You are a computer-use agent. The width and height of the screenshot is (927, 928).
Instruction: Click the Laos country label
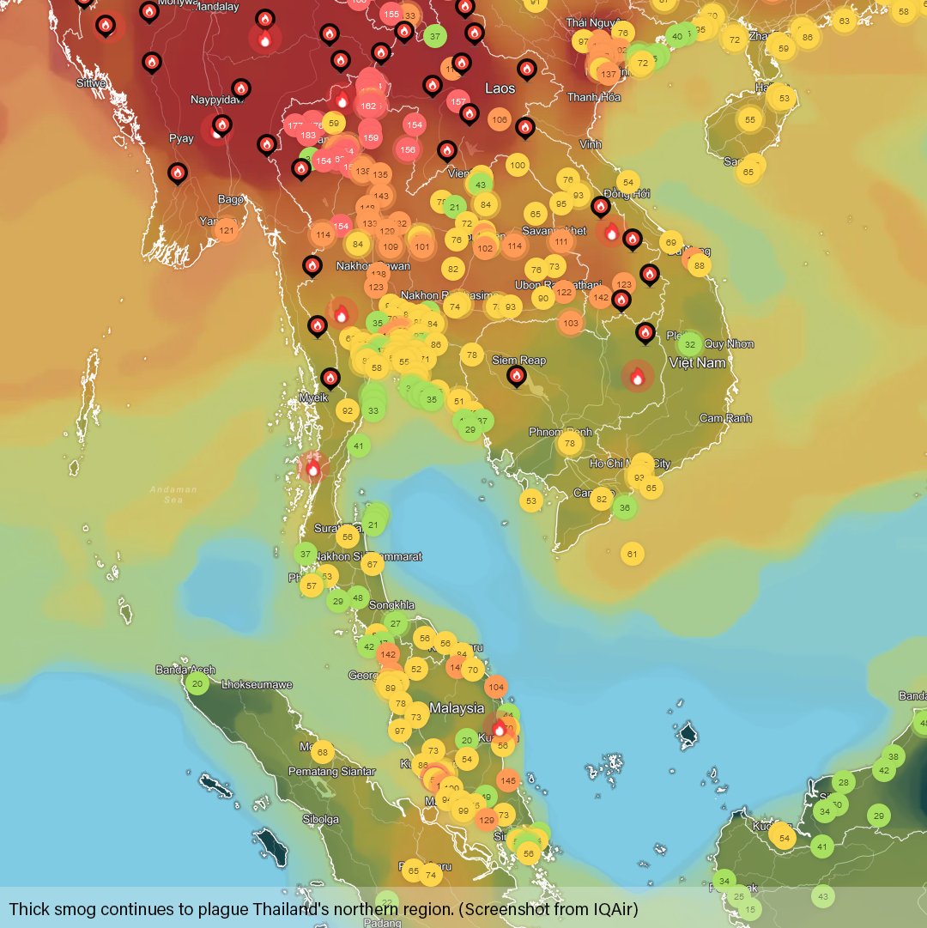pos(500,88)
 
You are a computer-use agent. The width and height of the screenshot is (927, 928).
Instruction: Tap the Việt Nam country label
pos(698,363)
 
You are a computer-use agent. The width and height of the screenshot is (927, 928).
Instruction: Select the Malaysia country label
pos(457,708)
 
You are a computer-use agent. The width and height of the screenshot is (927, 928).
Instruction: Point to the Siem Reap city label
pos(518,361)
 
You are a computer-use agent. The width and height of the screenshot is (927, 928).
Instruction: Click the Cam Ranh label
pos(725,418)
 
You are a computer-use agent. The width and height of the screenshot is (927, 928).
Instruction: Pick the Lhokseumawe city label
pos(257,685)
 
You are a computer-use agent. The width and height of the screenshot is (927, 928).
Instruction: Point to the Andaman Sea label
pos(173,494)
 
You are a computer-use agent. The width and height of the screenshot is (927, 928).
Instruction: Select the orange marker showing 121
pos(227,230)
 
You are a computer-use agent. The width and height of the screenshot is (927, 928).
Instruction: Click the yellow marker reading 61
pos(633,554)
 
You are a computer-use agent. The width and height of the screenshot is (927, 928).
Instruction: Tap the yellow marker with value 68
pos(322,753)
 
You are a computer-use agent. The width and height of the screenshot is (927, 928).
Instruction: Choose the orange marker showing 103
pos(571,323)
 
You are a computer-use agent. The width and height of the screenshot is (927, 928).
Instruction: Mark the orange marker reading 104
pos(495,686)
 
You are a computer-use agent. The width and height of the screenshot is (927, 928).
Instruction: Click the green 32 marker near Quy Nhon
pos(689,345)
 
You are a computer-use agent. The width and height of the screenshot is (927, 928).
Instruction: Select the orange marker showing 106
pos(500,119)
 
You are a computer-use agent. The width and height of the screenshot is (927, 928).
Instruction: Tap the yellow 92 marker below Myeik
pos(347,410)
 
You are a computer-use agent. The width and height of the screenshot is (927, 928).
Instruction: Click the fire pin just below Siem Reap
pos(517,375)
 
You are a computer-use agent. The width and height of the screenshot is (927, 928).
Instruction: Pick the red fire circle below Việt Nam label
pos(638,376)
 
